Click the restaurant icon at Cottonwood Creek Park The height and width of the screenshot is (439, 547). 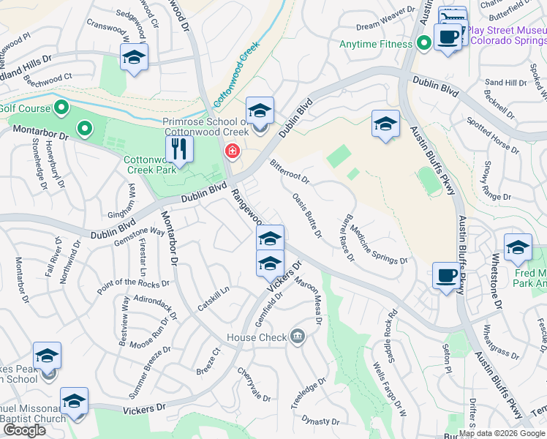click(x=179, y=150)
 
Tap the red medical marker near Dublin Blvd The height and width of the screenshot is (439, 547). click(x=232, y=151)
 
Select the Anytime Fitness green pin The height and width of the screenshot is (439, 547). click(x=423, y=44)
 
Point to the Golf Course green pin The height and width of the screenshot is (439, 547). click(x=61, y=109)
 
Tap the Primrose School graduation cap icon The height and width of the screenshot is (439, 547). click(x=260, y=111)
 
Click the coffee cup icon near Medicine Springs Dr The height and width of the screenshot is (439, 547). click(x=446, y=277)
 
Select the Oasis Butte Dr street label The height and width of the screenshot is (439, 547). click(x=307, y=214)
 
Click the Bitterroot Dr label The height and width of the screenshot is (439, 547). click(x=290, y=172)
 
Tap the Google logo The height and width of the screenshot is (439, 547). click(x=25, y=430)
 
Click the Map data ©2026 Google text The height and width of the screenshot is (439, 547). click(x=502, y=433)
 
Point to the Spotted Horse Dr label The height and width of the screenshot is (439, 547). click(x=493, y=138)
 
